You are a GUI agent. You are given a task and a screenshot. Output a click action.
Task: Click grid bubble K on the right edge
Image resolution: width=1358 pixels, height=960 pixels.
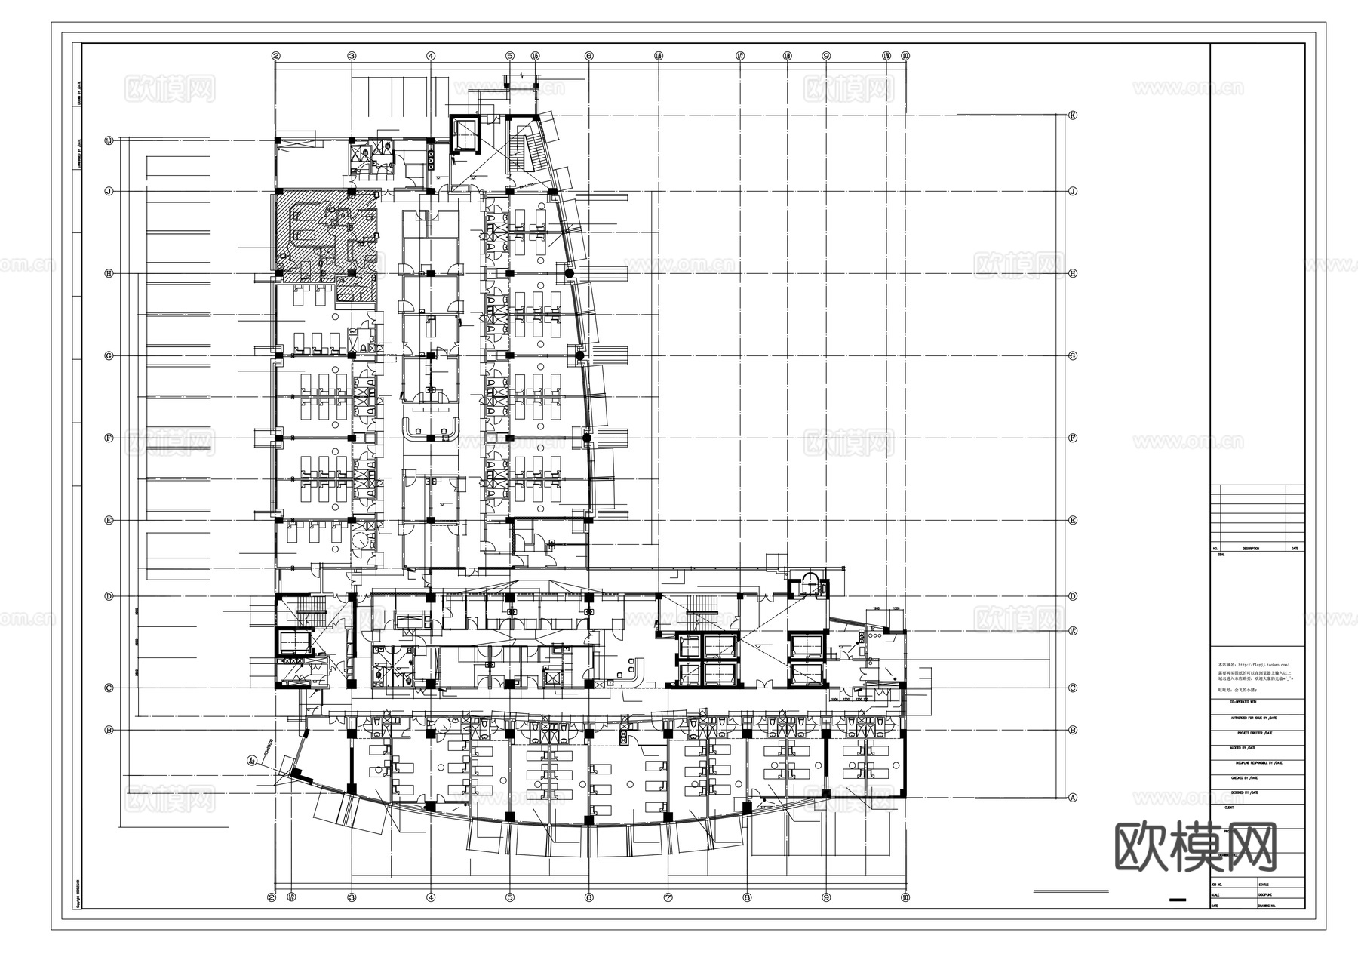(1073, 115)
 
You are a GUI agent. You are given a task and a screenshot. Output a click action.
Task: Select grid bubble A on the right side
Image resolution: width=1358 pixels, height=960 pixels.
(1073, 798)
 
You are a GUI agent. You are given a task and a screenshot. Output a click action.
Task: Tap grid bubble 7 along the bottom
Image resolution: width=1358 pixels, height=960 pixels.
(668, 897)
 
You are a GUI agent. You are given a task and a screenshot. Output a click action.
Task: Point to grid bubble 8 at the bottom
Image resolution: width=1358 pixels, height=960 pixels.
(747, 897)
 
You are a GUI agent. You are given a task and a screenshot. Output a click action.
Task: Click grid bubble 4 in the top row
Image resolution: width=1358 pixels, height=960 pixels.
(431, 56)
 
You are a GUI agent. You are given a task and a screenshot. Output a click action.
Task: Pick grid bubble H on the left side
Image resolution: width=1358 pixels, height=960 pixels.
(109, 274)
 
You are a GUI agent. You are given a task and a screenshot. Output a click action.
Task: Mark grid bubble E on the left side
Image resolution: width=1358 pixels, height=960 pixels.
(109, 521)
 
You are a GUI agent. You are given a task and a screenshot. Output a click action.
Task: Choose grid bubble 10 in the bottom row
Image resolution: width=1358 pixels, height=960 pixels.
(905, 897)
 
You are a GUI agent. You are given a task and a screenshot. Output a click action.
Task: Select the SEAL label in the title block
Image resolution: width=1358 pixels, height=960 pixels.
(1221, 555)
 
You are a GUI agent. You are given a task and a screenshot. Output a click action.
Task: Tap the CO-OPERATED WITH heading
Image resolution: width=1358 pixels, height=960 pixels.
(1245, 702)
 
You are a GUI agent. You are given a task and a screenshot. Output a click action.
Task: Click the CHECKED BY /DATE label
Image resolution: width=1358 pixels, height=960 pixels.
(1248, 777)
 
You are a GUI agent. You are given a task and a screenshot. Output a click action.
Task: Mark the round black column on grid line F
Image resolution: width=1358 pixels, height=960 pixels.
(586, 438)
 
